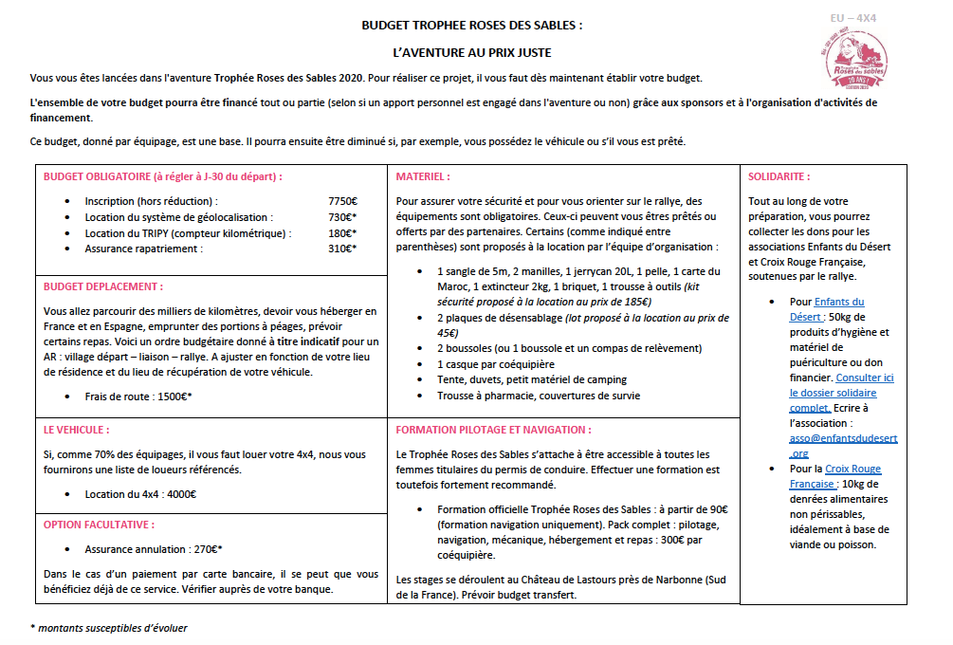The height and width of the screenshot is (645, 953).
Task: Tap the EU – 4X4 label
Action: tap(852, 18)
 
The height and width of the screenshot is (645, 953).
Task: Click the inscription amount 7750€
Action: tap(342, 201)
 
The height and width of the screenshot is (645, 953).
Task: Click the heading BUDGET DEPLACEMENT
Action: tap(102, 286)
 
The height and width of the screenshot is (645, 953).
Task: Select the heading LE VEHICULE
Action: tap(77, 430)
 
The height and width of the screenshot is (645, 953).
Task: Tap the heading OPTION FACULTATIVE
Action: tap(99, 524)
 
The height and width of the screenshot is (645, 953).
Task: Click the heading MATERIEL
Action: tap(423, 176)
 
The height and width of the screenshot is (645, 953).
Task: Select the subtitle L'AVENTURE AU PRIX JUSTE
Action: tap(471, 53)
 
